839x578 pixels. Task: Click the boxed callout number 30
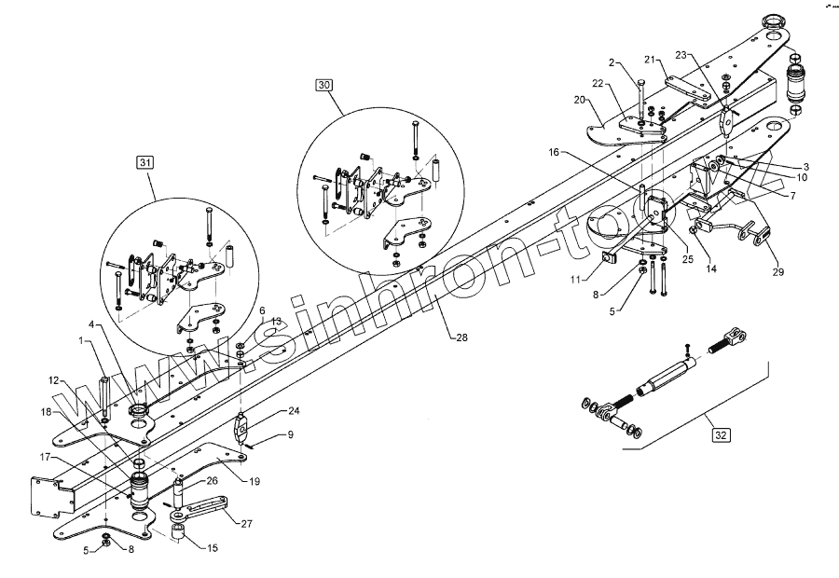click(324, 85)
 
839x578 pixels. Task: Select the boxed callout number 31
click(145, 163)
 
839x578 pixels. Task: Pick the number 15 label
click(213, 548)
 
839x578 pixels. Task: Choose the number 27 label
click(246, 524)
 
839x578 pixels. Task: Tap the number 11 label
click(576, 278)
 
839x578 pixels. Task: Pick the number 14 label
click(711, 269)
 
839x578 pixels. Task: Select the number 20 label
click(579, 99)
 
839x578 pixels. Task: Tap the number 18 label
click(47, 411)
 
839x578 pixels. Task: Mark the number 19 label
click(254, 481)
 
